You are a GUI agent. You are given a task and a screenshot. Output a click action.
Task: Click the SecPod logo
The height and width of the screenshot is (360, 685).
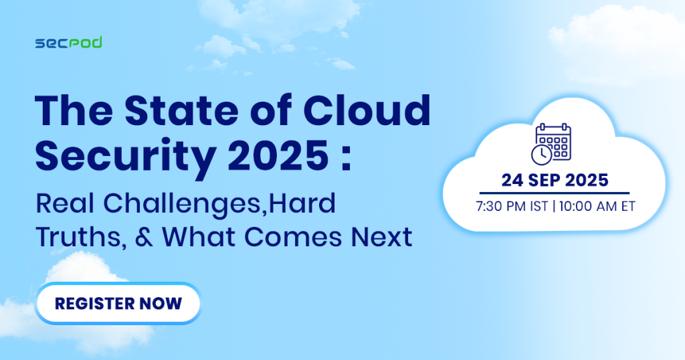(69, 43)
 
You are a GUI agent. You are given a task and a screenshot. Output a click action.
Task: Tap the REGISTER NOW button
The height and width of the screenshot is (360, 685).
(118, 303)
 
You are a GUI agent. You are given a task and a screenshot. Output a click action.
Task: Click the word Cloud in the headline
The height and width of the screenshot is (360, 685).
(367, 110)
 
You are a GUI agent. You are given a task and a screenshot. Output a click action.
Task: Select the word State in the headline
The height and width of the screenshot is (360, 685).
(181, 110)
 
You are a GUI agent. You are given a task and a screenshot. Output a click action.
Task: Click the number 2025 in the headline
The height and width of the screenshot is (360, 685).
(278, 155)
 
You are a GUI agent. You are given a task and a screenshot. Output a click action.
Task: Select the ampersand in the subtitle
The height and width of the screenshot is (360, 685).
(144, 238)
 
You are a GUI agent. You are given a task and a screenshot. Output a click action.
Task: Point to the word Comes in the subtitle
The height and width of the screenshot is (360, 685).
(292, 237)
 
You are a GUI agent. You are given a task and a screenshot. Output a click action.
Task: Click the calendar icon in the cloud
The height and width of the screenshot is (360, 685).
(551, 144)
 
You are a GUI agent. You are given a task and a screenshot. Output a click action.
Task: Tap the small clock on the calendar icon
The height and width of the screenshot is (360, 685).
(542, 155)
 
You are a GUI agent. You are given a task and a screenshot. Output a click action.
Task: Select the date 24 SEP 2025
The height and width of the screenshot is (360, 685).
(555, 180)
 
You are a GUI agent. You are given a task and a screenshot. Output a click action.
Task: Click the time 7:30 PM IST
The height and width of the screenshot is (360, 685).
(512, 206)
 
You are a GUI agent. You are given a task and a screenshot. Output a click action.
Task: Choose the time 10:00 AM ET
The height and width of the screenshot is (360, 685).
(597, 206)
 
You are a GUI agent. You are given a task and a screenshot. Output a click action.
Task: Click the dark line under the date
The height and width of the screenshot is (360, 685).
(555, 193)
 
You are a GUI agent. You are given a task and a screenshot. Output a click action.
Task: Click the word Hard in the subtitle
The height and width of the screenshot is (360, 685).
(302, 203)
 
